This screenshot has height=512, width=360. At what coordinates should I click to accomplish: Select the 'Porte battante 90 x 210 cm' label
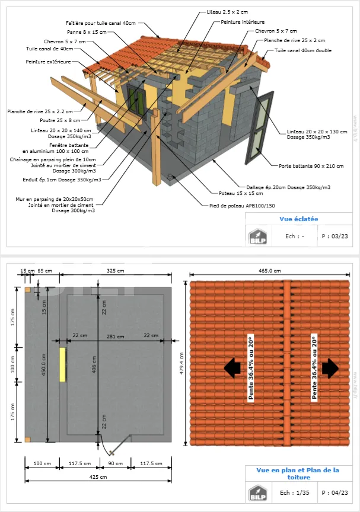click(x=311, y=166)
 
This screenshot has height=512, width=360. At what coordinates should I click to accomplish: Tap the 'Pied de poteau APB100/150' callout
click(x=241, y=206)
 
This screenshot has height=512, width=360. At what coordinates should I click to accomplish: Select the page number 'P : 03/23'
click(x=334, y=236)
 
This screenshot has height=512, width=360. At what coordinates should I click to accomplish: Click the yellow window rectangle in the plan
click(x=62, y=364)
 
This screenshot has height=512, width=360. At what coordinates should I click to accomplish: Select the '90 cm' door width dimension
click(x=115, y=463)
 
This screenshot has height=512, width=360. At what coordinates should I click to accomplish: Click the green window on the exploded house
click(x=136, y=98)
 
